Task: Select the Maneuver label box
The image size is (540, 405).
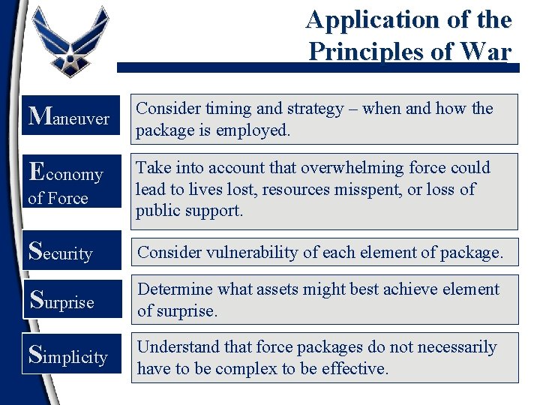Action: (70, 117)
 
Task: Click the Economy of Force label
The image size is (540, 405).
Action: (70, 181)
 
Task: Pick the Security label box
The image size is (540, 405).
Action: (70, 252)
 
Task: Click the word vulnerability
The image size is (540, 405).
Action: (247, 253)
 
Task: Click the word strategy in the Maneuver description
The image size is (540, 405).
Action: (310, 109)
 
